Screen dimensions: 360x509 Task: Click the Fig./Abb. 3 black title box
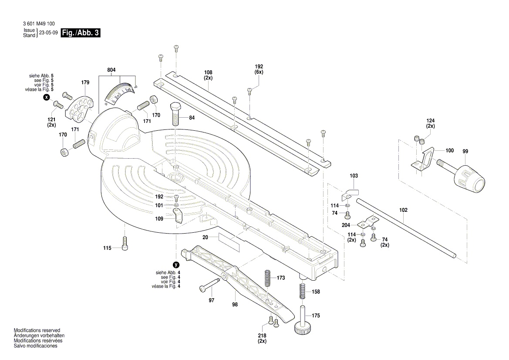pyautogui.click(x=81, y=33)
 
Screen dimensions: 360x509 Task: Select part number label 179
pyautogui.click(x=85, y=82)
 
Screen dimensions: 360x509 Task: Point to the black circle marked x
pyautogui.click(x=47, y=98)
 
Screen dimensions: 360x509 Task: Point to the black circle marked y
pyautogui.click(x=176, y=265)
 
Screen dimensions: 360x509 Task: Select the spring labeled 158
pyautogui.click(x=301, y=291)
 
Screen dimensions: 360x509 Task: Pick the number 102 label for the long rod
pyautogui.click(x=404, y=210)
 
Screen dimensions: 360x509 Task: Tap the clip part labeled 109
pyautogui.click(x=178, y=215)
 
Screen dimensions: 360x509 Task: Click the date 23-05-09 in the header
pyautogui.click(x=48, y=33)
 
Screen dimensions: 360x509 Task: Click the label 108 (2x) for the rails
pyautogui.click(x=208, y=75)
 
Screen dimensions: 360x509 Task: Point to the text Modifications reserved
pyautogui.click(x=37, y=331)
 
